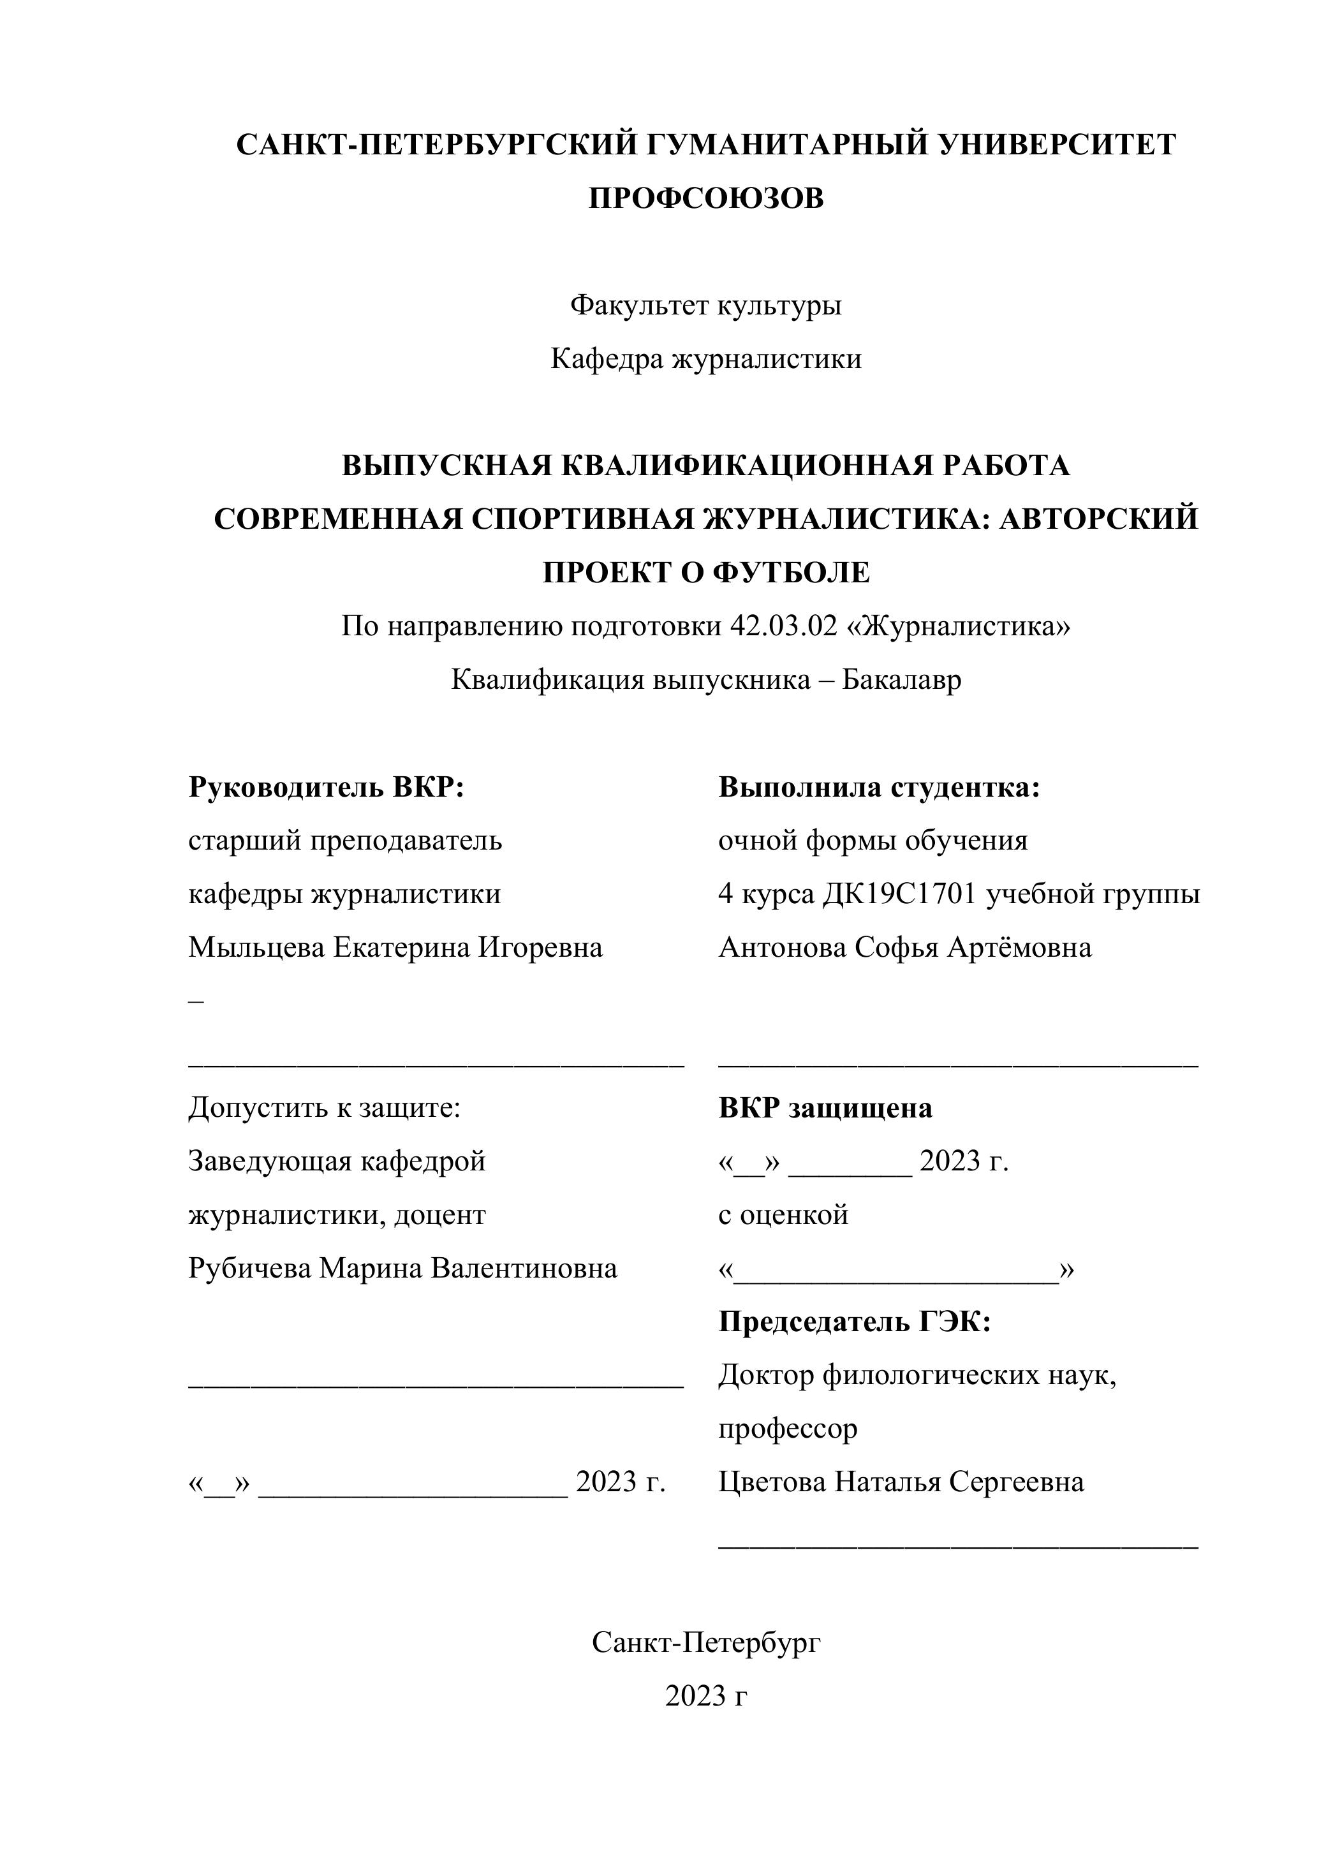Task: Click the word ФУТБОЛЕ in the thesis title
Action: pos(791,573)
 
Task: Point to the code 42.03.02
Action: pos(783,626)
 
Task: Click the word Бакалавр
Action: pos(901,679)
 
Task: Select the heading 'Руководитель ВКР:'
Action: pos(326,787)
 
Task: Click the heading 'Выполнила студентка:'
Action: pos(879,787)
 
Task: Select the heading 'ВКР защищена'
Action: pos(825,1108)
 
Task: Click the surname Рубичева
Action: pos(249,1268)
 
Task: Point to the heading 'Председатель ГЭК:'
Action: pos(855,1322)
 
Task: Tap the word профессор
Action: pos(787,1429)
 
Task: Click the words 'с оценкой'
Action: pos(783,1215)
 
